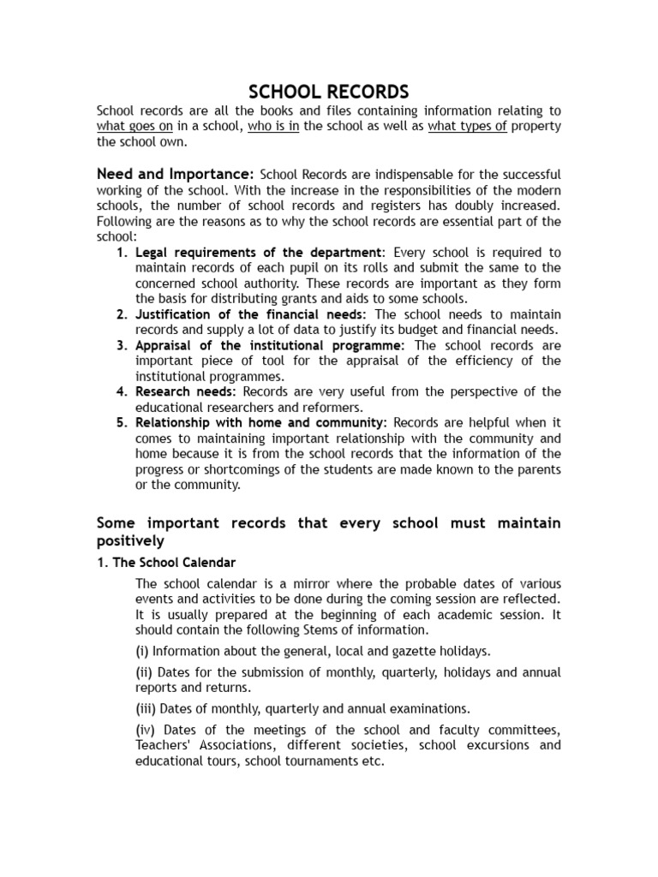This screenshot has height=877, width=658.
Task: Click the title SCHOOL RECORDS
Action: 329,92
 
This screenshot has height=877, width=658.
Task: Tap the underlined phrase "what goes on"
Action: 135,127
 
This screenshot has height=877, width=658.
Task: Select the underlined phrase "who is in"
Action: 273,127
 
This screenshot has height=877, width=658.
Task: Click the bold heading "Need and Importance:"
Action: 175,174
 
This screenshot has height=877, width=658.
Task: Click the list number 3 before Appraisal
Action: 122,345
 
